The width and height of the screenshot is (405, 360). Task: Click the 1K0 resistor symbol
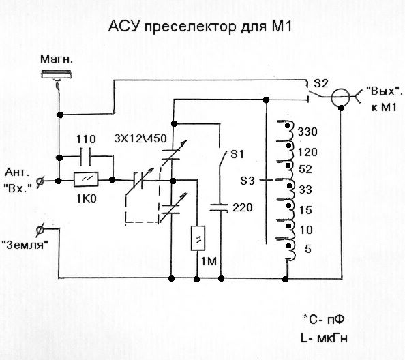coord(86,179)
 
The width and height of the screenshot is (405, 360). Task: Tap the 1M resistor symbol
coord(198,238)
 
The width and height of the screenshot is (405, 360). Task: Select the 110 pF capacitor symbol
coord(86,157)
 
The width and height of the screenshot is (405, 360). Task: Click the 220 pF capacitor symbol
coord(219,208)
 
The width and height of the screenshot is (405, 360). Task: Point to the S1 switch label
coord(237,155)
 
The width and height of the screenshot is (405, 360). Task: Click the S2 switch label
coord(321,83)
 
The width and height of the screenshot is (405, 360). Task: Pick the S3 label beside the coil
coord(247,181)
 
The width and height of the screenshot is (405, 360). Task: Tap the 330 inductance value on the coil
coord(307,132)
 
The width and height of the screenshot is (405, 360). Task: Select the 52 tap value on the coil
coord(305,169)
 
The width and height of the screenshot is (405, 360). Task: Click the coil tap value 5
coord(308,249)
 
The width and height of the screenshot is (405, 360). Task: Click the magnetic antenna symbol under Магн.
coord(56,74)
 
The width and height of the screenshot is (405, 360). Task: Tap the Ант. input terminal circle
coord(40,181)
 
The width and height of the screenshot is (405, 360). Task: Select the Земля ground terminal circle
coord(40,229)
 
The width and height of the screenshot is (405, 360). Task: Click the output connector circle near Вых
coord(340,97)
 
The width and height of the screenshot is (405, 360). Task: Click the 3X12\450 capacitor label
coord(140,139)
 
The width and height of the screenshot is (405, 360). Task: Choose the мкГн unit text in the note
coord(332,338)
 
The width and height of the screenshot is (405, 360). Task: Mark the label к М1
coord(384,107)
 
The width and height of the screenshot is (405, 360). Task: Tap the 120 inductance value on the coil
coord(307,152)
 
